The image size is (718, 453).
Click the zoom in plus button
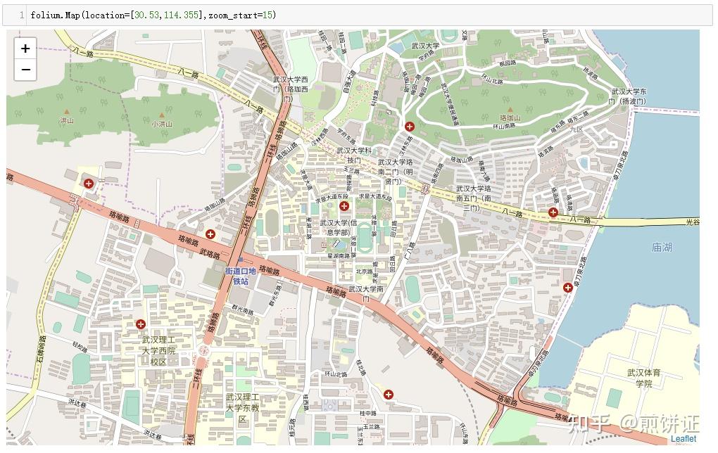click(x=25, y=49)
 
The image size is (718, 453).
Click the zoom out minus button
click(x=25, y=70)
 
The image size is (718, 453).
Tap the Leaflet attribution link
click(x=683, y=438)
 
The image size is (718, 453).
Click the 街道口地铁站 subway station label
click(x=241, y=276)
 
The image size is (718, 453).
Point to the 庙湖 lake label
click(x=662, y=247)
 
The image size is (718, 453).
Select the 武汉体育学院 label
click(x=644, y=378)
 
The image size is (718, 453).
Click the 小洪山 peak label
click(x=162, y=124)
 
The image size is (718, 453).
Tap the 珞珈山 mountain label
click(x=510, y=117)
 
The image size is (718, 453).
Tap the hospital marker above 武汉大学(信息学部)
click(x=344, y=206)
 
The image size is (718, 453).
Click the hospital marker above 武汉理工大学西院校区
click(x=141, y=324)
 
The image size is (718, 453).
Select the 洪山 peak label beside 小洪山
click(x=67, y=121)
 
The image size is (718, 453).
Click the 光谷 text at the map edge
click(x=692, y=222)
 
